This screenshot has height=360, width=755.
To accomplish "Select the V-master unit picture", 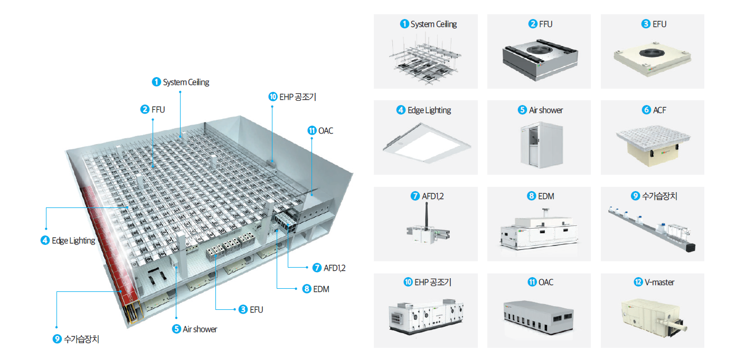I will [x=653, y=316].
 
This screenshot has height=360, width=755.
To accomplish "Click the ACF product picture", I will [x=653, y=144].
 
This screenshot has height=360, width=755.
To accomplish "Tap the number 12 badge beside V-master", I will [x=638, y=282].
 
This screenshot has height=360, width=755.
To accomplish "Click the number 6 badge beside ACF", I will [x=646, y=110].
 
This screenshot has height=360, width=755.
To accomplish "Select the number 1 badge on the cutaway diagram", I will [x=156, y=82].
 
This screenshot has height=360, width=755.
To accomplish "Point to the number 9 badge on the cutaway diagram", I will [x=57, y=339].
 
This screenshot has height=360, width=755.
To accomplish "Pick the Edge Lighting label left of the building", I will [x=73, y=241].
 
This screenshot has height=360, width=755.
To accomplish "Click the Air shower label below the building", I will [x=200, y=329].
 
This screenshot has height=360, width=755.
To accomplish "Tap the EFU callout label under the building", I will [x=256, y=309].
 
